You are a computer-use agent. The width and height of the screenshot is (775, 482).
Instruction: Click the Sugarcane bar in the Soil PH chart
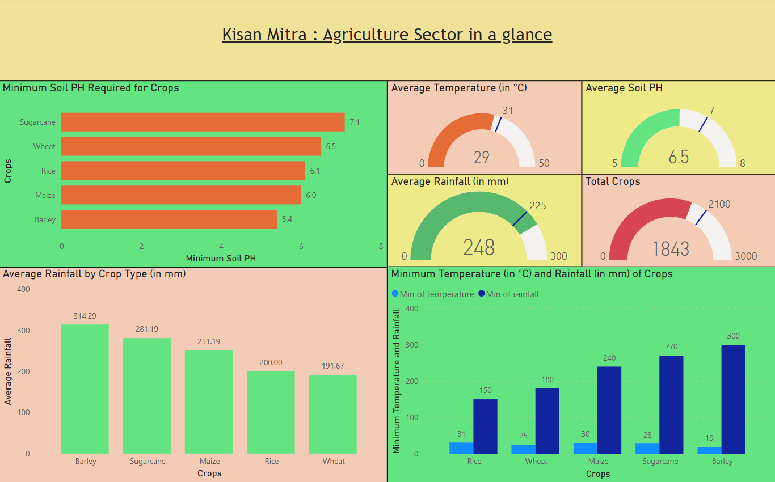click(203, 122)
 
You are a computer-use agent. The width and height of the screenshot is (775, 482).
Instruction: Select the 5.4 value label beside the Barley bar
click(287, 219)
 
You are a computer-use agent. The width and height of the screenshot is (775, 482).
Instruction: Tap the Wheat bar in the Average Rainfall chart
click(332, 414)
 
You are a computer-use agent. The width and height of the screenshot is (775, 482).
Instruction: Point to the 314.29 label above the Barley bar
click(85, 316)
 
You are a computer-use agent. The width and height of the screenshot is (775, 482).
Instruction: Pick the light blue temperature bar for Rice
click(461, 448)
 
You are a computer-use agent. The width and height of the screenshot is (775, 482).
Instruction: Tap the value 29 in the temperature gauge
click(481, 157)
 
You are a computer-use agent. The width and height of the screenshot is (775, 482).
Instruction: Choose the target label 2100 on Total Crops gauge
click(719, 204)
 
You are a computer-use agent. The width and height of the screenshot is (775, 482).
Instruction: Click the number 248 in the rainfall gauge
click(479, 248)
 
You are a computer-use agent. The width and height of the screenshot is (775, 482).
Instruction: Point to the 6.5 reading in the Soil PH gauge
click(679, 157)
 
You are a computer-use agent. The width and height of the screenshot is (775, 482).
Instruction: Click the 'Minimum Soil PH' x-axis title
click(221, 259)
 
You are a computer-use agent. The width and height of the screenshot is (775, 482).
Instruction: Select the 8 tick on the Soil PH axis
click(381, 247)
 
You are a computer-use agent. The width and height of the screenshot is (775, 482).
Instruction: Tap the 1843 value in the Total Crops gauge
click(670, 249)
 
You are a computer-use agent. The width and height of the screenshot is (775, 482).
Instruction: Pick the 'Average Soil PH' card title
click(624, 88)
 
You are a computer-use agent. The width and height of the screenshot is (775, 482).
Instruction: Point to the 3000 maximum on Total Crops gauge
click(745, 256)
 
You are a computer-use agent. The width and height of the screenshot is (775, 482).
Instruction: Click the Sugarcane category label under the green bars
click(148, 461)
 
